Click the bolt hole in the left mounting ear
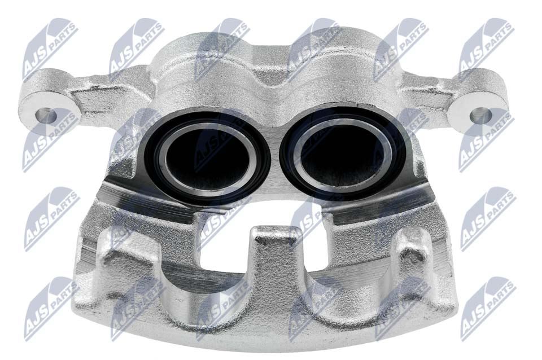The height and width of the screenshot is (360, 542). click(x=46, y=116)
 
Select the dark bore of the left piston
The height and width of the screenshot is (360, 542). click(x=207, y=159)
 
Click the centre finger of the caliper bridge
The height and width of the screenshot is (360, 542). click(x=276, y=262)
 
